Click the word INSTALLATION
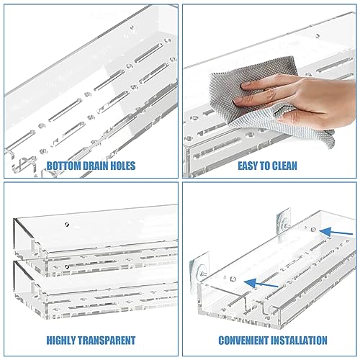(300, 340)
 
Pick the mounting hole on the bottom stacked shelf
(67, 267)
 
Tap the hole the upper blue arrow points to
(315, 228)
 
